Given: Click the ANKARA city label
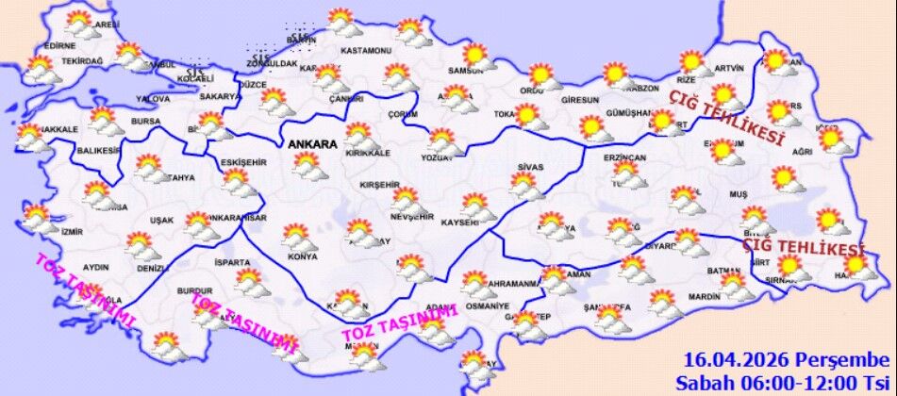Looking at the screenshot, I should pyautogui.click(x=313, y=144).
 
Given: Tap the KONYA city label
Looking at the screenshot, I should pyautogui.click(x=302, y=256).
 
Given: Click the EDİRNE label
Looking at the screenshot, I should pyautogui.click(x=59, y=45).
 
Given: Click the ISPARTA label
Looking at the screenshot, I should pyautogui.click(x=232, y=263).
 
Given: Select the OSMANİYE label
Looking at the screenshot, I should pyautogui.click(x=488, y=306).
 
